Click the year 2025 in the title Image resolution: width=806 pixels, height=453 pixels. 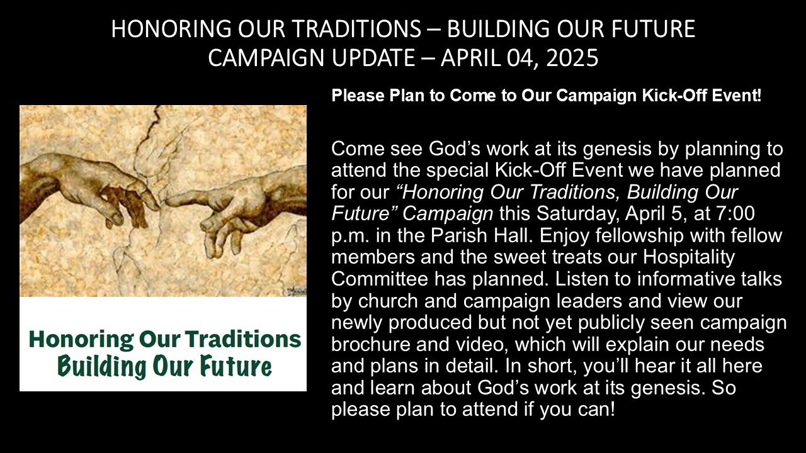[572, 57]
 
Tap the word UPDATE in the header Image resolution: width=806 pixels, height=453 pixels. [373, 57]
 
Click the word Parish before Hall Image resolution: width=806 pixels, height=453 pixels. [459, 235]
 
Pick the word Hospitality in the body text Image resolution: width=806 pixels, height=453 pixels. [689, 257]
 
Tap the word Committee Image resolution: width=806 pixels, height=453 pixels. [380, 279]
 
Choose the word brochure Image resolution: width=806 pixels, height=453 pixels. [371, 344]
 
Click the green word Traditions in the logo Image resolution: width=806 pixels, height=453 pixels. [243, 339]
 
